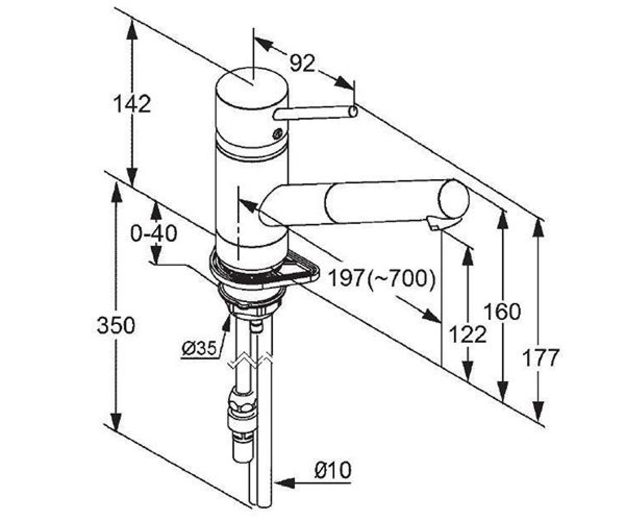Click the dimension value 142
132,104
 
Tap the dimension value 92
303,63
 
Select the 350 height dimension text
116,325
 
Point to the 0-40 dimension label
154,233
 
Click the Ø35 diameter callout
198,348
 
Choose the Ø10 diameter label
333,470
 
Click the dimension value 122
468,334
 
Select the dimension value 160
502,312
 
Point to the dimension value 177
541,357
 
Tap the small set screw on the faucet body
278,133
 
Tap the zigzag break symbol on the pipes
250,361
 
